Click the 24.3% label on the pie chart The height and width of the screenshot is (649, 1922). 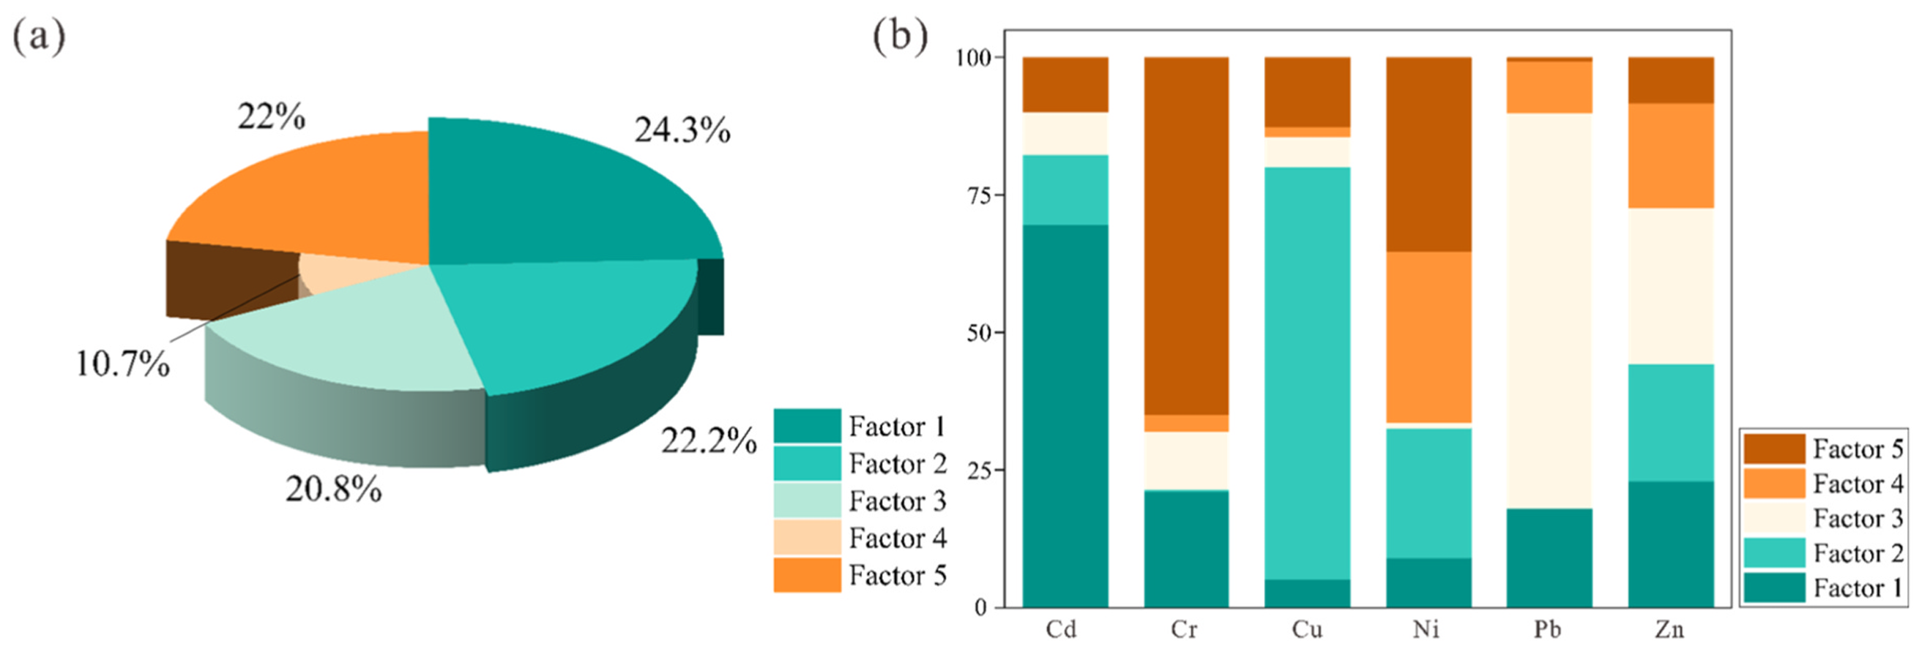click(x=682, y=130)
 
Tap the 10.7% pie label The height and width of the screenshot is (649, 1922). click(x=123, y=364)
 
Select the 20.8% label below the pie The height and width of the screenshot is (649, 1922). click(x=334, y=489)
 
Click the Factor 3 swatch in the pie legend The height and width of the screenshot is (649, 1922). click(x=807, y=500)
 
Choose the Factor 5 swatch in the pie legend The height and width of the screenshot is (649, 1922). click(x=807, y=575)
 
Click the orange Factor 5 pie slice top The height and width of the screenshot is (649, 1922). click(x=313, y=194)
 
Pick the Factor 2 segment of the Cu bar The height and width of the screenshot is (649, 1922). click(x=1306, y=373)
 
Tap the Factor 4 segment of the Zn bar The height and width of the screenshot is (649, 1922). click(x=1671, y=155)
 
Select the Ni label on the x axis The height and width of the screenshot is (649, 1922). click(x=1426, y=629)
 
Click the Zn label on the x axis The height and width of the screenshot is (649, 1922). click(x=1669, y=629)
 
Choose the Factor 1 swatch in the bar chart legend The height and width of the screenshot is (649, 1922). click(x=1773, y=588)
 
